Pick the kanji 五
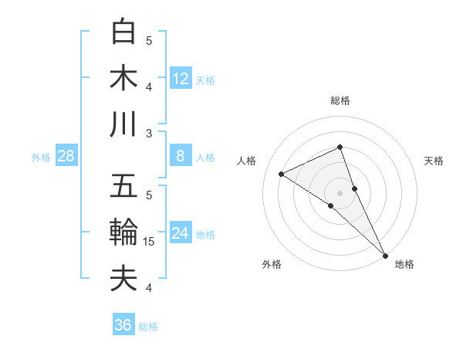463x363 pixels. point(124,186)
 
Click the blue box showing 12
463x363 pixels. point(181,78)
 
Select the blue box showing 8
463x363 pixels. point(181,156)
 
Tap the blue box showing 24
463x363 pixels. point(181,233)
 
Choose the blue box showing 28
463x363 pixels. point(66,156)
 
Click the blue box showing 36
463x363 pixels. point(123,325)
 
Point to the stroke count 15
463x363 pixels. point(150,242)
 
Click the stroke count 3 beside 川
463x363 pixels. point(150,133)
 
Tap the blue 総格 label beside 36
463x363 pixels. point(148,327)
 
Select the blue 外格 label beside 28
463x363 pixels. point(41,158)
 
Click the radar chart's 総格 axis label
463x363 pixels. point(340,100)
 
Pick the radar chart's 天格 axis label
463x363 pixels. point(434,161)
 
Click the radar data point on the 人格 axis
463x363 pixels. point(282,174)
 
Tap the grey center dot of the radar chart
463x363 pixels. point(340,192)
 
